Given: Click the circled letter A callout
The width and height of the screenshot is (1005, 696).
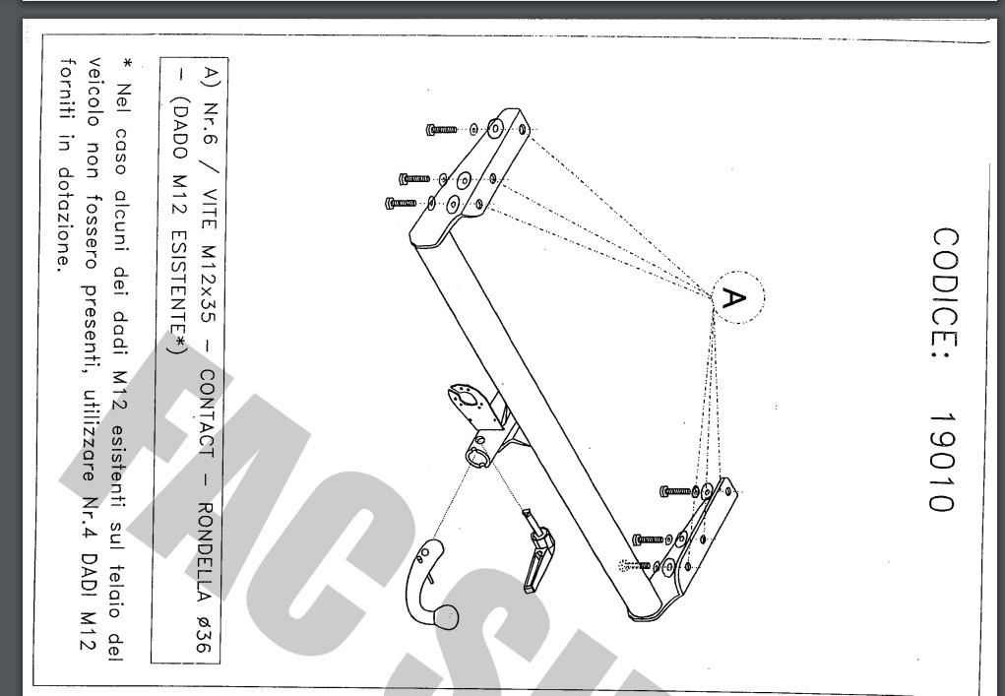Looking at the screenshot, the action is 737,297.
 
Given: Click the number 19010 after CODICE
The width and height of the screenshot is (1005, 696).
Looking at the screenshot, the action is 944,462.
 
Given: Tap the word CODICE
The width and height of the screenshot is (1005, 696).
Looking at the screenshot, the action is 945,300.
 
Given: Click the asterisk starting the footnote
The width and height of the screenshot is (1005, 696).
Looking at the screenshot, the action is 128,64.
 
